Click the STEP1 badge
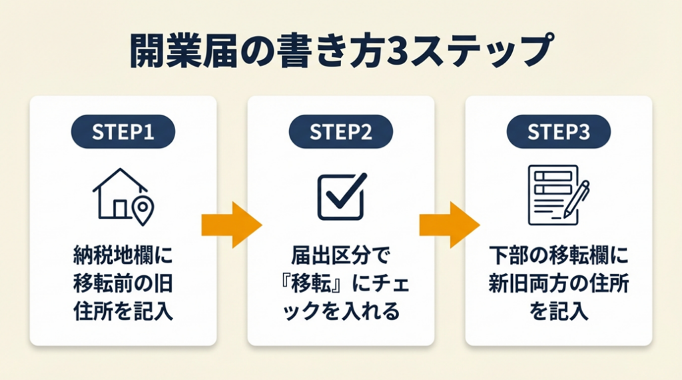point(123,131)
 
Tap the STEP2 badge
point(340,131)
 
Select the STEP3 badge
point(558,131)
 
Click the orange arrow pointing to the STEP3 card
point(449,225)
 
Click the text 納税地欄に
point(123,256)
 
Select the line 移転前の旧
point(123,285)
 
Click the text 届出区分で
point(340,256)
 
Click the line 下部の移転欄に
point(558,256)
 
